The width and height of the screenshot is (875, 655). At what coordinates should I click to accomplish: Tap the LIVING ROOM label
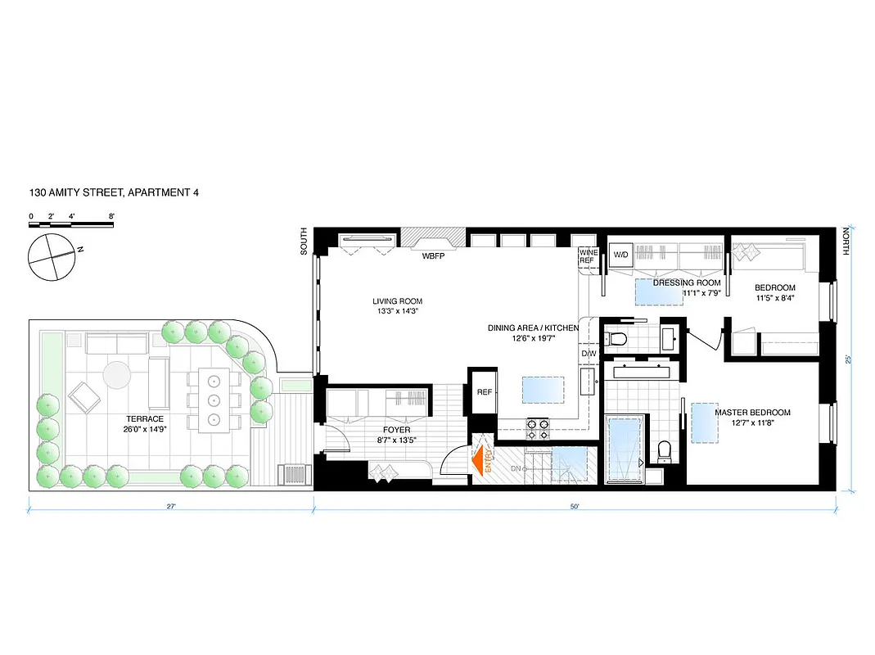click(x=398, y=300)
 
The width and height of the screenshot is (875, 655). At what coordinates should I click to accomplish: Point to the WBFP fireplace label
click(x=432, y=255)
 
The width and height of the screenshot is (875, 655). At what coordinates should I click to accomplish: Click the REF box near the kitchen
click(x=484, y=392)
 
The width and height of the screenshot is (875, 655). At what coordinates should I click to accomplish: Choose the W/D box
click(x=621, y=255)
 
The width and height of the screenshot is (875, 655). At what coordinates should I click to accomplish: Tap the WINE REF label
click(x=588, y=255)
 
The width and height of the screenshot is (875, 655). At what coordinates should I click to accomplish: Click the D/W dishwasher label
click(x=589, y=354)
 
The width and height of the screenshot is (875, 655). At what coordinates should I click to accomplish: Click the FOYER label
click(x=396, y=430)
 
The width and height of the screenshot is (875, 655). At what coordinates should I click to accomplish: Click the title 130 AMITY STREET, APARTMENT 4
click(x=113, y=193)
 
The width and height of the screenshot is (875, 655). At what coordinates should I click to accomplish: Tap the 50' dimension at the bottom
click(x=575, y=507)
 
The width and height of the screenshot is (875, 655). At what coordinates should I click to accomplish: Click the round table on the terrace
click(x=116, y=376)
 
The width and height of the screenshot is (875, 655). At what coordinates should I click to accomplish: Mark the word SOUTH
click(x=304, y=242)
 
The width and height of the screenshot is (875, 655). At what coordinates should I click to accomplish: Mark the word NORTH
click(x=846, y=242)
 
